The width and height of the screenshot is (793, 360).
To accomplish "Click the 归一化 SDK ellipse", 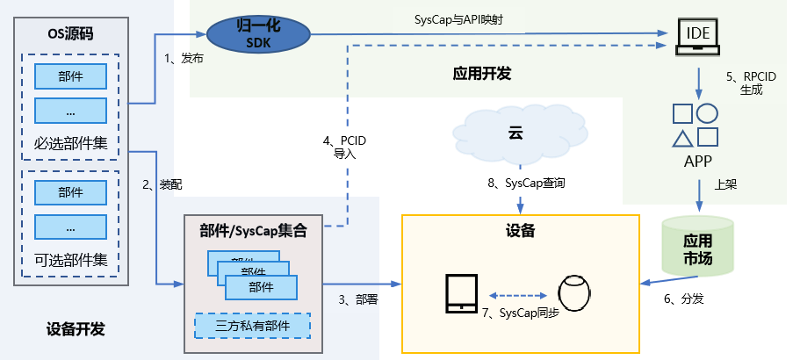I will pos(259,35).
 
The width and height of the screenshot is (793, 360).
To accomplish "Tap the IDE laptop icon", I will pos(698,37).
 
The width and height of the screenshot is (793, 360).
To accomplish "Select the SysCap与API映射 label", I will pos(457,19).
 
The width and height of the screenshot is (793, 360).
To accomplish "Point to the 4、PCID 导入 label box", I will pos(344,147).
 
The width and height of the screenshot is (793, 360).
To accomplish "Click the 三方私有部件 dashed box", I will pos(252,327).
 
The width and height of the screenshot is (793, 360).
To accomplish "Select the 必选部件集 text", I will pos(70,143).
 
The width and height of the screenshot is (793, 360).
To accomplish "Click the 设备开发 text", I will pos(76,330).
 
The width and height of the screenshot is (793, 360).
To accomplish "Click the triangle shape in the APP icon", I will pos(682,139).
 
